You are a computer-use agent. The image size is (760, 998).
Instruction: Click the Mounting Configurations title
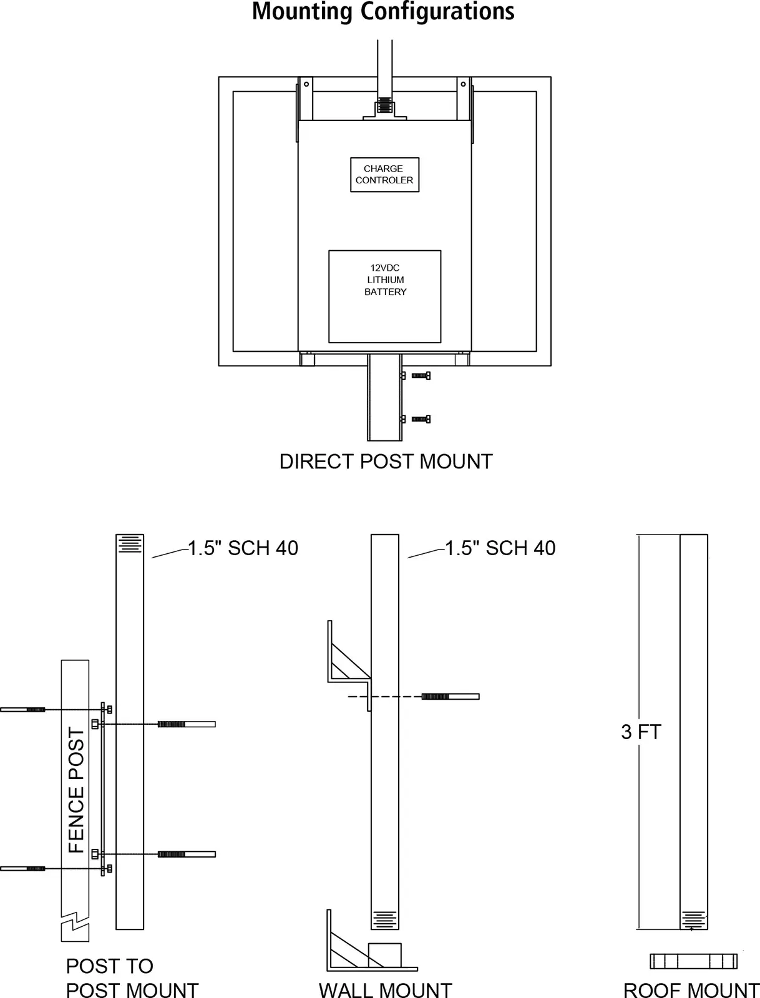[383, 12]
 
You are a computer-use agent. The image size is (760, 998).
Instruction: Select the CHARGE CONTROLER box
[384, 175]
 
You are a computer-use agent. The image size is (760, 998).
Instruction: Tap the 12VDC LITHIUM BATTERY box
[384, 296]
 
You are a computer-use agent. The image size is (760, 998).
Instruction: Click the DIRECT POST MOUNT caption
[386, 462]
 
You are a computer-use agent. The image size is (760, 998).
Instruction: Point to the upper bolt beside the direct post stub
[421, 375]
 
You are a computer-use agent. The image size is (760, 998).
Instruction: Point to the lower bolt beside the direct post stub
[421, 419]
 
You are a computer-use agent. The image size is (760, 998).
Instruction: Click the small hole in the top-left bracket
[306, 84]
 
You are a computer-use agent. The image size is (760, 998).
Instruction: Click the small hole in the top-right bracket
[463, 84]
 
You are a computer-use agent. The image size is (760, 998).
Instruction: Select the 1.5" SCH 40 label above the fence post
[243, 548]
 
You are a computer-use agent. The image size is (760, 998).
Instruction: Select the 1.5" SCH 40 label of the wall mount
[500, 548]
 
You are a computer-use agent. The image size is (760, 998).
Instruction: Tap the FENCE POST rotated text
[76, 790]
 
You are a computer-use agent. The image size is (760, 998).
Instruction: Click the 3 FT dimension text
[641, 732]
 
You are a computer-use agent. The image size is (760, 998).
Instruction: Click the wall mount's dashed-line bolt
[451, 697]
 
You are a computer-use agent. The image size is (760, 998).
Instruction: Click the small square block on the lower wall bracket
[385, 955]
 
